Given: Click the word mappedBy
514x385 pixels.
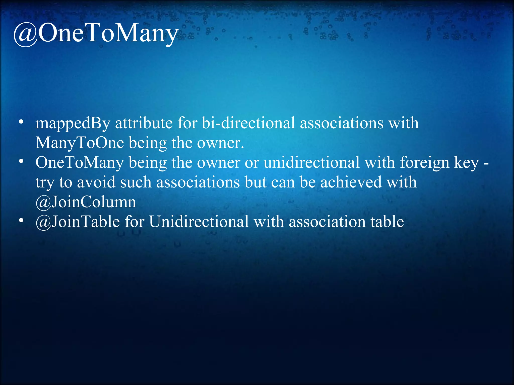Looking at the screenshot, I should (x=73, y=123).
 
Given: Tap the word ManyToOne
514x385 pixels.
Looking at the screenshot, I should (x=80, y=143).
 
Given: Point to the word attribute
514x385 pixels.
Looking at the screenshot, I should (x=144, y=123).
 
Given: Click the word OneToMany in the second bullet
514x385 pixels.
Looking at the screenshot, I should (x=80, y=162).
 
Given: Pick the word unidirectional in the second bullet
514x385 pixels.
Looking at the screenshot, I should (x=311, y=162).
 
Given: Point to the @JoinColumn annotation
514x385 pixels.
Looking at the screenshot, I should (x=86, y=202).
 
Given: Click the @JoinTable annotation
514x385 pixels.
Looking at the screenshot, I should (x=78, y=222).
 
